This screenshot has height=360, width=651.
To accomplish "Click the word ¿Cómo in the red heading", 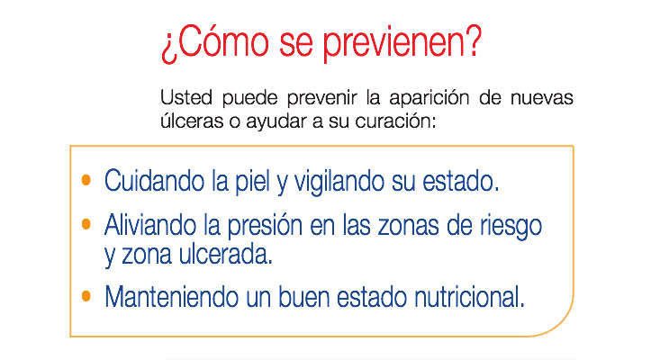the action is [215, 41].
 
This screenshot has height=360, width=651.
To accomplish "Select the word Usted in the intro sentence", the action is [186, 97].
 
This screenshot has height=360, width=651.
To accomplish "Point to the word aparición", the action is [429, 99].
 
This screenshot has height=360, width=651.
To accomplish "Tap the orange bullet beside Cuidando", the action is [86, 180].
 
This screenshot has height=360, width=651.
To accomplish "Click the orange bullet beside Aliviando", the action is [86, 224].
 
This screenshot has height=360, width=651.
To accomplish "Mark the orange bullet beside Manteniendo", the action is [86, 296].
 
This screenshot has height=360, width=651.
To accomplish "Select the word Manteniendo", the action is [171, 296].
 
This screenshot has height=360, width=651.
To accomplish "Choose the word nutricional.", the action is [470, 296].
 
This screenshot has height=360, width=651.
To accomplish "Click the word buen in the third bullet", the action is [304, 296].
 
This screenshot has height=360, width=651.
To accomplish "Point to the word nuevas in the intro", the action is [542, 97].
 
